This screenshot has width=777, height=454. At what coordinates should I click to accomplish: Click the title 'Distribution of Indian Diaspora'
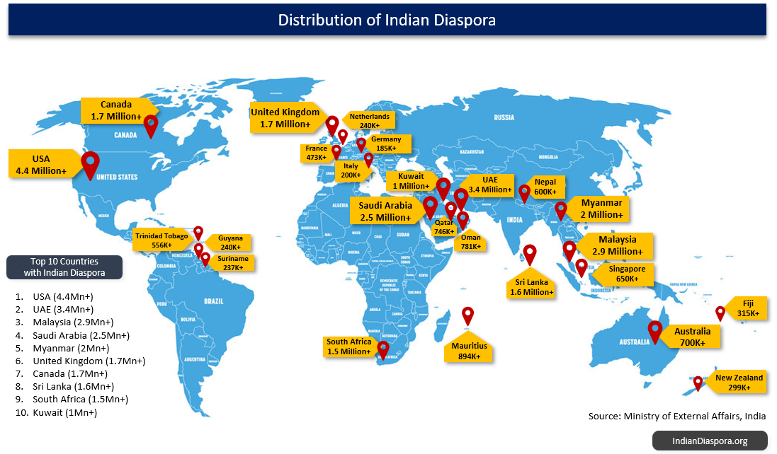(x=387, y=20)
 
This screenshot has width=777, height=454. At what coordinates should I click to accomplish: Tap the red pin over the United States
(x=90, y=163)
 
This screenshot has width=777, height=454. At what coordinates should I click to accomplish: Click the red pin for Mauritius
(x=467, y=315)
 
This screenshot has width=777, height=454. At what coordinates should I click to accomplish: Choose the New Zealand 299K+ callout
(x=739, y=383)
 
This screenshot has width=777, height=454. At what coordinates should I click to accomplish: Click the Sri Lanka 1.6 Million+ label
(x=531, y=286)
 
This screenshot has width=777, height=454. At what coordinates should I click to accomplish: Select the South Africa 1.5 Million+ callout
(x=348, y=347)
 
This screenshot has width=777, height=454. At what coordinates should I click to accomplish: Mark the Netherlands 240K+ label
(x=369, y=120)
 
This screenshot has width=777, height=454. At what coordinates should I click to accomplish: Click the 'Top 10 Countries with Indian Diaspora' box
(x=64, y=267)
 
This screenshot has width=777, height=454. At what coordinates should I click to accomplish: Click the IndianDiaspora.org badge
(x=710, y=441)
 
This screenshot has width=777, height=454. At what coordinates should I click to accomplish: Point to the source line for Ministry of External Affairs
(x=676, y=416)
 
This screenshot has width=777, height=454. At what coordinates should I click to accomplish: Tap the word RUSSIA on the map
(x=504, y=117)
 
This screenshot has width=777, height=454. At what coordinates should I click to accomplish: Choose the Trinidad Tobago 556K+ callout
(x=162, y=240)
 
